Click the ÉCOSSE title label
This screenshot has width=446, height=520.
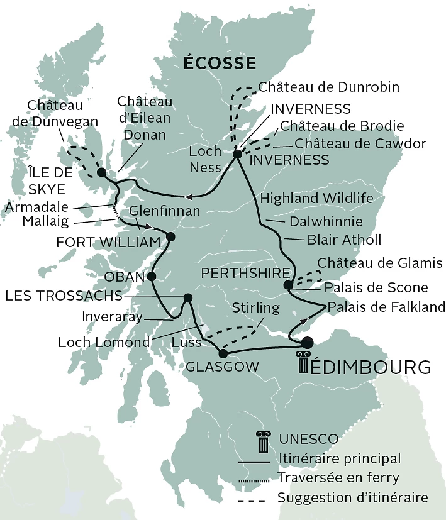pos(220,63)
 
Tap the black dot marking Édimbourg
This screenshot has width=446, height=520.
pos(307,343)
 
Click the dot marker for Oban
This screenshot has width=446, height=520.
pos(151,276)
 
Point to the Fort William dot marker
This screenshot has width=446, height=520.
pos(170,236)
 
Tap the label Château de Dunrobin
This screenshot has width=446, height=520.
pos(329,87)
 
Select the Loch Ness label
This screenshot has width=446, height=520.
pos(205,159)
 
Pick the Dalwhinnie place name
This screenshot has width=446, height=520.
pos(325,221)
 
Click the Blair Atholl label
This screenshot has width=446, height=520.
pos(343,240)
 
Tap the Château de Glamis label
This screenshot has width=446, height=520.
pos(380,262)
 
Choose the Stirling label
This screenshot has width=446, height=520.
pos(255,308)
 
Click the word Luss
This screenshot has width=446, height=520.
pos(186,343)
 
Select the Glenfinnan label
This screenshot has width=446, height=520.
pos(165,211)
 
